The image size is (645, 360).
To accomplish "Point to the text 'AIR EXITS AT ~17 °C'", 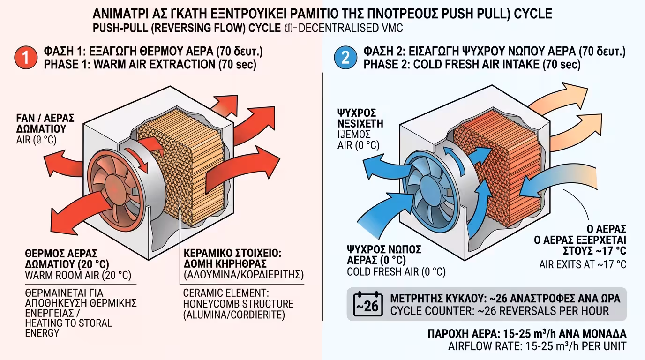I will [x=582, y=264].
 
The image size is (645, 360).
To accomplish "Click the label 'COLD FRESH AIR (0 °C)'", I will [x=396, y=272].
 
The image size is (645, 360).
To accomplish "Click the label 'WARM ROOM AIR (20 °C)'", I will [x=78, y=275].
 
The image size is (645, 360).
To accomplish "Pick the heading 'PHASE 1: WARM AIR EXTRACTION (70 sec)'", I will [x=150, y=64].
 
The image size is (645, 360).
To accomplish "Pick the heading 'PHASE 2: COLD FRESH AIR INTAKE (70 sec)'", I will [x=471, y=64].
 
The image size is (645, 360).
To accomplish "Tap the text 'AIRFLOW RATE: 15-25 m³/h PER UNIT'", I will [x=537, y=347].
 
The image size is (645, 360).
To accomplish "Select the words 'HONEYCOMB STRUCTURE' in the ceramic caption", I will [x=238, y=303].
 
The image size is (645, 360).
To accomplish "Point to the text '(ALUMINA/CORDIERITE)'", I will [x=234, y=315].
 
